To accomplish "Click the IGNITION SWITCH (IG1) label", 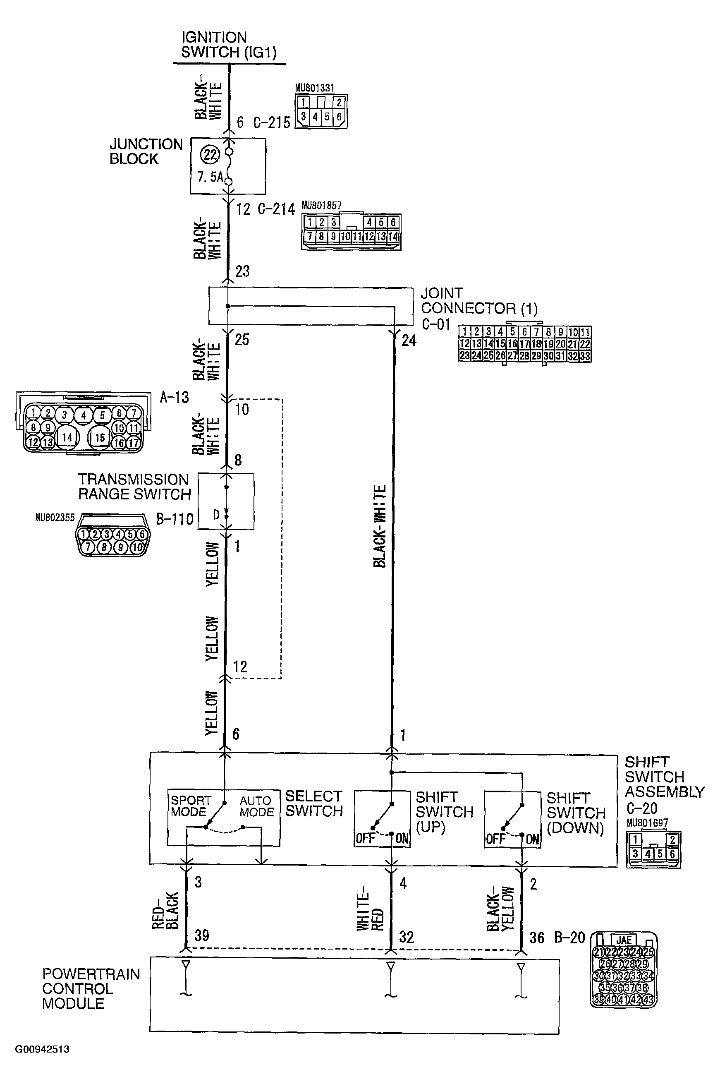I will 229,45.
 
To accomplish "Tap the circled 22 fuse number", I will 210,155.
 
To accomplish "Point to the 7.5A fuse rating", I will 209,177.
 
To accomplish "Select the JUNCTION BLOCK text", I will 146,151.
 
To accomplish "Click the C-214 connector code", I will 276,209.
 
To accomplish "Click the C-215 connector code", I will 272,122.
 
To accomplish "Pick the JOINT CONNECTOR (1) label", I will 479,301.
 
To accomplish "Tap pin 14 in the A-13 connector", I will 67,437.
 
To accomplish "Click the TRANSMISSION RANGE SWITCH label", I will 134,487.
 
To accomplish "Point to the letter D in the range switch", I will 216,515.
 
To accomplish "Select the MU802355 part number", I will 55,518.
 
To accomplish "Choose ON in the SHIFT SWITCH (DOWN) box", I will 532,839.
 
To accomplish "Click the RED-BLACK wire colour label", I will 165,911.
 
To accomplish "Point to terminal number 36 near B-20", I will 537,938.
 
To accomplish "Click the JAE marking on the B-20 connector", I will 624,940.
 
